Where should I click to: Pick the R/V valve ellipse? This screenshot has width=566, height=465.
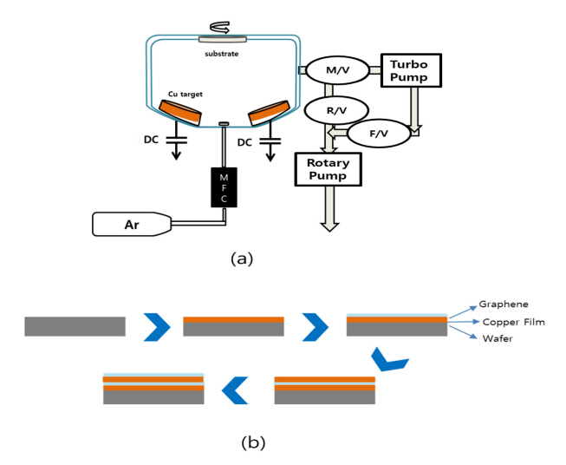coord(336,110)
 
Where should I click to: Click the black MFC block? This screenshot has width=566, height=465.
coord(224,186)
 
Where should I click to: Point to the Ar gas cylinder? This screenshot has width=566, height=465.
coord(131,225)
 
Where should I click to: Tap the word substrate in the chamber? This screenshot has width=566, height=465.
coord(223,54)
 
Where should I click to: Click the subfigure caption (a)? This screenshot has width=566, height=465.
coord(241,258)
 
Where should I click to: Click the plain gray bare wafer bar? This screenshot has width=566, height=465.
coord(75,326)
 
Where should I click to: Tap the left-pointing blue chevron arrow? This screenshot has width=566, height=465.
coord(234,391)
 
